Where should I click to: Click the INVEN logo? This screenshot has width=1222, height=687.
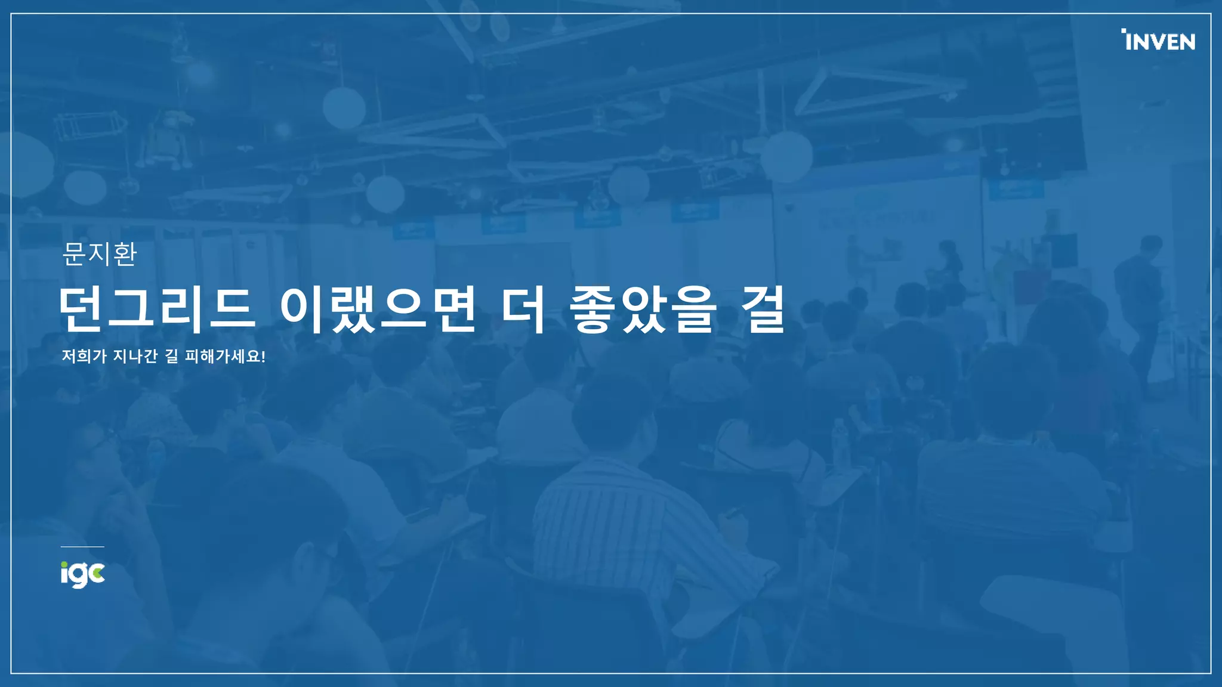click(1159, 41)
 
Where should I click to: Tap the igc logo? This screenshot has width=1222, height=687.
click(82, 574)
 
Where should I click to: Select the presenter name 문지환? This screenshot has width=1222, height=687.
click(100, 254)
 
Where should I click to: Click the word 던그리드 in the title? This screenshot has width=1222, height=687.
click(157, 310)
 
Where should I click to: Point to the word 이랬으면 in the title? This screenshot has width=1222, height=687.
click(378, 310)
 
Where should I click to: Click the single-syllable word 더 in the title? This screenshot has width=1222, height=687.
click(523, 310)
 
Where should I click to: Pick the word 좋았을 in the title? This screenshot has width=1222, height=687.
click(643, 310)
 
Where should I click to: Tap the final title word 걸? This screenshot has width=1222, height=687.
click(763, 310)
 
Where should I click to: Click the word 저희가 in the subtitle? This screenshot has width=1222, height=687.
click(84, 357)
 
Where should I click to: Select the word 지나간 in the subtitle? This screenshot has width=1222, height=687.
click(135, 357)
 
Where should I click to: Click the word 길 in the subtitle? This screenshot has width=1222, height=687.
click(171, 357)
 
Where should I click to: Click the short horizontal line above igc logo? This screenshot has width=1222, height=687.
click(82, 546)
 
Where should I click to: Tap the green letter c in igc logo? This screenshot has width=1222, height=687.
click(98, 574)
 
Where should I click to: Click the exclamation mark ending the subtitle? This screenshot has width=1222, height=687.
click(263, 357)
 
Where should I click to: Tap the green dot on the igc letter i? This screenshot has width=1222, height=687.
click(64, 564)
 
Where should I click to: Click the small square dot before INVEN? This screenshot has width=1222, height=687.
click(1124, 30)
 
